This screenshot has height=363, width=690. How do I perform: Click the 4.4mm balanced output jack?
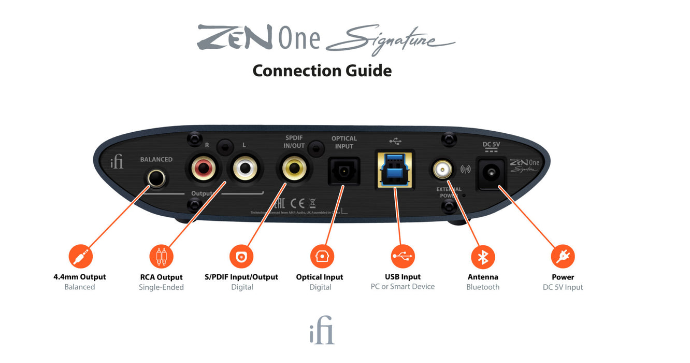click(156, 179)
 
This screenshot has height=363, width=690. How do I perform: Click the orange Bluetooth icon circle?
click(483, 257)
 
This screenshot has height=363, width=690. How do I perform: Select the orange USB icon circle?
click(403, 256)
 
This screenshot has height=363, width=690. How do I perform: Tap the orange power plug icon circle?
click(563, 256)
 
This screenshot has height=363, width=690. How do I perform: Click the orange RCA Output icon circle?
click(161, 256)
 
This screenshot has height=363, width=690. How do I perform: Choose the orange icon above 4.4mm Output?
click(80, 256)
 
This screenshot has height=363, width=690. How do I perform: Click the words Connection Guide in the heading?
click(322, 70)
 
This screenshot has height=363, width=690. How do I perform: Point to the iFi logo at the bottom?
click(322, 333)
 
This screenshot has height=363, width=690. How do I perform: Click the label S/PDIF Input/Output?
click(241, 277)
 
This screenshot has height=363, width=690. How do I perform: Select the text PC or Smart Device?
click(403, 287)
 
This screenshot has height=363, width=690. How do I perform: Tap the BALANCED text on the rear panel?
click(156, 159)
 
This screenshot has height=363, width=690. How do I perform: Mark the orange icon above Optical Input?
click(322, 256)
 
